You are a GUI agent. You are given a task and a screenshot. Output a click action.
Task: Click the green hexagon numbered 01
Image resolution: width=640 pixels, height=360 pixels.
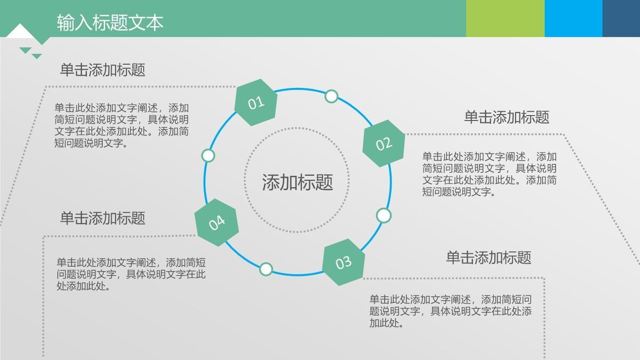(x=256, y=102)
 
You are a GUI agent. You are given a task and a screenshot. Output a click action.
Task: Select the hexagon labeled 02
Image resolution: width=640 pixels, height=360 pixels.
(x=383, y=143)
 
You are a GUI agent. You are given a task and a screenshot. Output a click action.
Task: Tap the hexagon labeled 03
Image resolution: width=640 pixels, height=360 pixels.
(x=344, y=262)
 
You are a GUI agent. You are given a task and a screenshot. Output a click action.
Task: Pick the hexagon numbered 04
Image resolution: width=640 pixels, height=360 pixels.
(x=217, y=222)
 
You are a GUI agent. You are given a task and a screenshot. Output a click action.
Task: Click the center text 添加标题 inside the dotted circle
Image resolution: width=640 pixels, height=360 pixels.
(x=297, y=182)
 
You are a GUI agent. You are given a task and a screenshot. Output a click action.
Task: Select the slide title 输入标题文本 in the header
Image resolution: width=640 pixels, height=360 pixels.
(x=110, y=22)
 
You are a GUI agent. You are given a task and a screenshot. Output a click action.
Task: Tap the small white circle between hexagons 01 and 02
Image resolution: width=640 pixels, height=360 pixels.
(x=331, y=97)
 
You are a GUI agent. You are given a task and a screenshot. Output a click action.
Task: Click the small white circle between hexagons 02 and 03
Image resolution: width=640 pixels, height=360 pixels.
(x=383, y=215)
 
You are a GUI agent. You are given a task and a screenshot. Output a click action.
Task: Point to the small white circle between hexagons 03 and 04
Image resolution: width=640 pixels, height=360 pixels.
(x=266, y=269)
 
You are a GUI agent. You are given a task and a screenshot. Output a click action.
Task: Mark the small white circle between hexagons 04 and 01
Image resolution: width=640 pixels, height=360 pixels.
(x=208, y=156)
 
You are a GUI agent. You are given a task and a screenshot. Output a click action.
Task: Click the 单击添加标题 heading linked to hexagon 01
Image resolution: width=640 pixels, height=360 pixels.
(x=102, y=70)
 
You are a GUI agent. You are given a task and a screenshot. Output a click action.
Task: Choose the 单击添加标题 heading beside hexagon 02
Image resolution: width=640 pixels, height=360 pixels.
(x=506, y=117)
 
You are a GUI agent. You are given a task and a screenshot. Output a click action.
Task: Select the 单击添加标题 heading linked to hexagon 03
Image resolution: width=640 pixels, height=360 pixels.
(x=489, y=258)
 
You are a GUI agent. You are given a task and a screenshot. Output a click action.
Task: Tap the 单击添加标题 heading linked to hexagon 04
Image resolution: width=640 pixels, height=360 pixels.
(x=102, y=218)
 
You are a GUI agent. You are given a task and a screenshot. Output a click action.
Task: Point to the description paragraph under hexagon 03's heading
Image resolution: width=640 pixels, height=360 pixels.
(x=450, y=311)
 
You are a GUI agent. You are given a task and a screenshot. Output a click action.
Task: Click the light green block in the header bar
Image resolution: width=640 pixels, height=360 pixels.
(x=505, y=18)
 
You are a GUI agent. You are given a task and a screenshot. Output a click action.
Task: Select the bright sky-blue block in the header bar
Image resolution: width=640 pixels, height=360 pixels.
(x=573, y=18)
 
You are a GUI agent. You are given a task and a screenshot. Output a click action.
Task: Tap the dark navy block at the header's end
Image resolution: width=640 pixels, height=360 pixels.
(x=621, y=18)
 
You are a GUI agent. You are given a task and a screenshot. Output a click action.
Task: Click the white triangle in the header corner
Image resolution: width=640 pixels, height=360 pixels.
(x=20, y=32)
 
